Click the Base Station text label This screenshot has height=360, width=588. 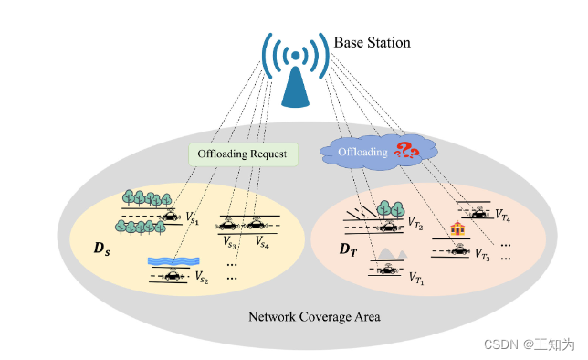pyautogui.click(x=372, y=43)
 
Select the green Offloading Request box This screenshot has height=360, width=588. pyautogui.click(x=243, y=154)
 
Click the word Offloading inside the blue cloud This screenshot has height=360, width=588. pyautogui.click(x=363, y=151)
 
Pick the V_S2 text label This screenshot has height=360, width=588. pyautogui.click(x=202, y=278)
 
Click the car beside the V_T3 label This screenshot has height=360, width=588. pyautogui.click(x=456, y=249)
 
